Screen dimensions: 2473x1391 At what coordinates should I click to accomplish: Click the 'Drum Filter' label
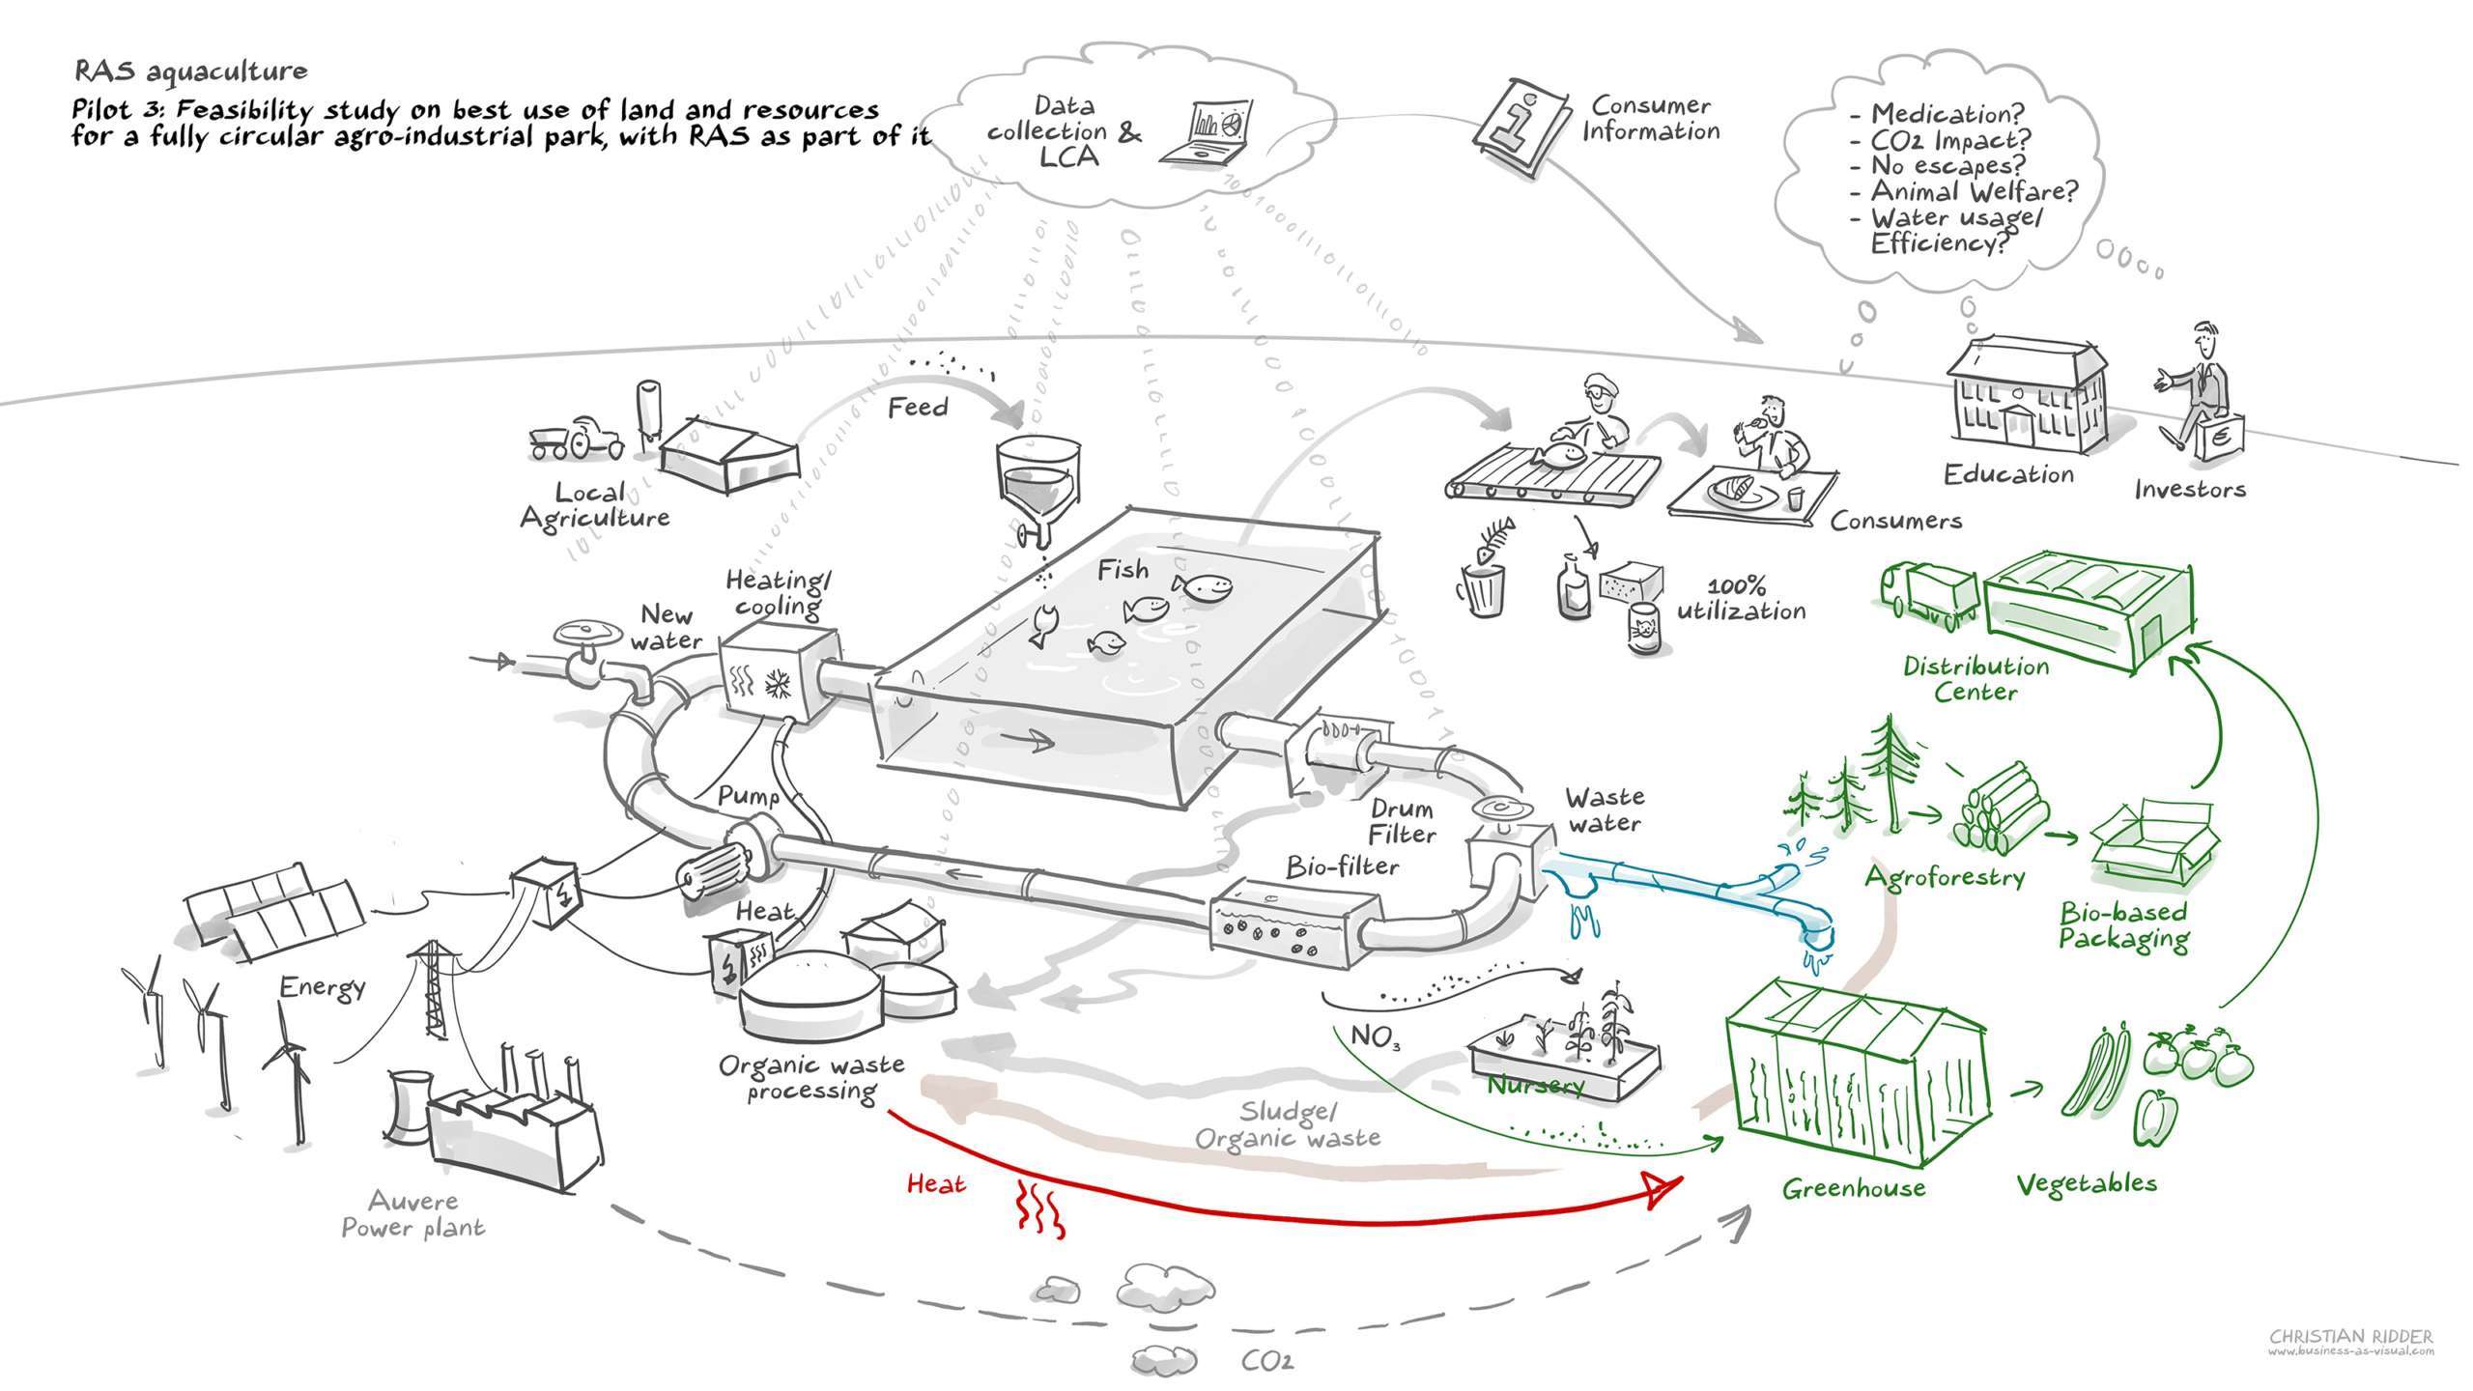click(1402, 821)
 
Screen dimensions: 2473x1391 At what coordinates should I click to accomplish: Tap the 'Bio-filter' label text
click(1342, 866)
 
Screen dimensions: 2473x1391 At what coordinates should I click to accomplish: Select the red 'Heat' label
click(936, 1183)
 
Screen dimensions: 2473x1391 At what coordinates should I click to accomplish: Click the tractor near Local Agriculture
click(574, 439)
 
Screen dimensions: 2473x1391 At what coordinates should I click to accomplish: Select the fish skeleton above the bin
click(1489, 543)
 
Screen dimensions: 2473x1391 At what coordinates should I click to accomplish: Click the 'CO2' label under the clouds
click(1266, 1362)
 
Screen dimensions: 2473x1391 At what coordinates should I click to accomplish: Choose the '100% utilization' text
click(1741, 599)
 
